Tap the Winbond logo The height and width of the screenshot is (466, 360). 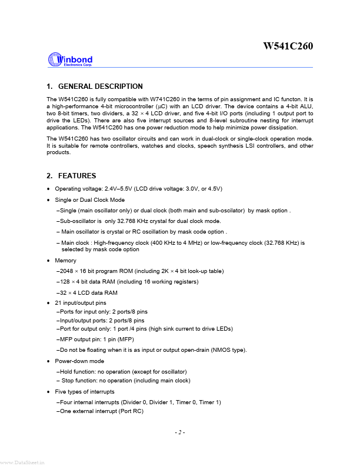click(x=70, y=60)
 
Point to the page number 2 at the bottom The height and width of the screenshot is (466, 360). click(x=179, y=432)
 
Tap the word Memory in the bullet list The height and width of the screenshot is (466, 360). click(x=65, y=260)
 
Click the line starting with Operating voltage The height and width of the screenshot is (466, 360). click(x=138, y=188)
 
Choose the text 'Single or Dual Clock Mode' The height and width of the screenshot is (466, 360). click(x=89, y=200)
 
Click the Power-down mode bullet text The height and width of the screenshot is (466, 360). click(x=79, y=361)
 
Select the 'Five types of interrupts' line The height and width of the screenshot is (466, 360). click(x=85, y=391)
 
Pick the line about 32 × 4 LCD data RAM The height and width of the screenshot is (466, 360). click(x=87, y=292)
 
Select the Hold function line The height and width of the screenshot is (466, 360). click(x=122, y=372)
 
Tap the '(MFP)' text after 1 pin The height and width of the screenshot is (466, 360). click(x=129, y=339)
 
